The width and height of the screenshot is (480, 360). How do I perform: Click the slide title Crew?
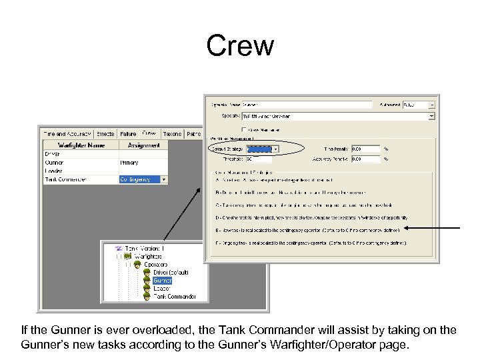coord(240,46)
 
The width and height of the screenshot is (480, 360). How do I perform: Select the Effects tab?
coord(105,133)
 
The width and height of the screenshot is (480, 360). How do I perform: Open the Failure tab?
coord(128,133)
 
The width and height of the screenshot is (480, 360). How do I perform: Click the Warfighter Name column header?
coord(81,144)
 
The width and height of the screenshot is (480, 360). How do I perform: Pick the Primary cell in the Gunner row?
coord(129,162)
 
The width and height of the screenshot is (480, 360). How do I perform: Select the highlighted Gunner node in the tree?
coord(162,281)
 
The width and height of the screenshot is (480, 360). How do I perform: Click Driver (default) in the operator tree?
coord(171,273)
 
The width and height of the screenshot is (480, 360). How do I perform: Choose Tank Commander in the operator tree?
coord(175,296)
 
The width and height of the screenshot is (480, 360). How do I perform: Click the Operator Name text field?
coord(306,105)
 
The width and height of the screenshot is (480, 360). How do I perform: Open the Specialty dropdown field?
coord(337,116)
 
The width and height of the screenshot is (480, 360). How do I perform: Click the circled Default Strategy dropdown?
coord(262,149)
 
